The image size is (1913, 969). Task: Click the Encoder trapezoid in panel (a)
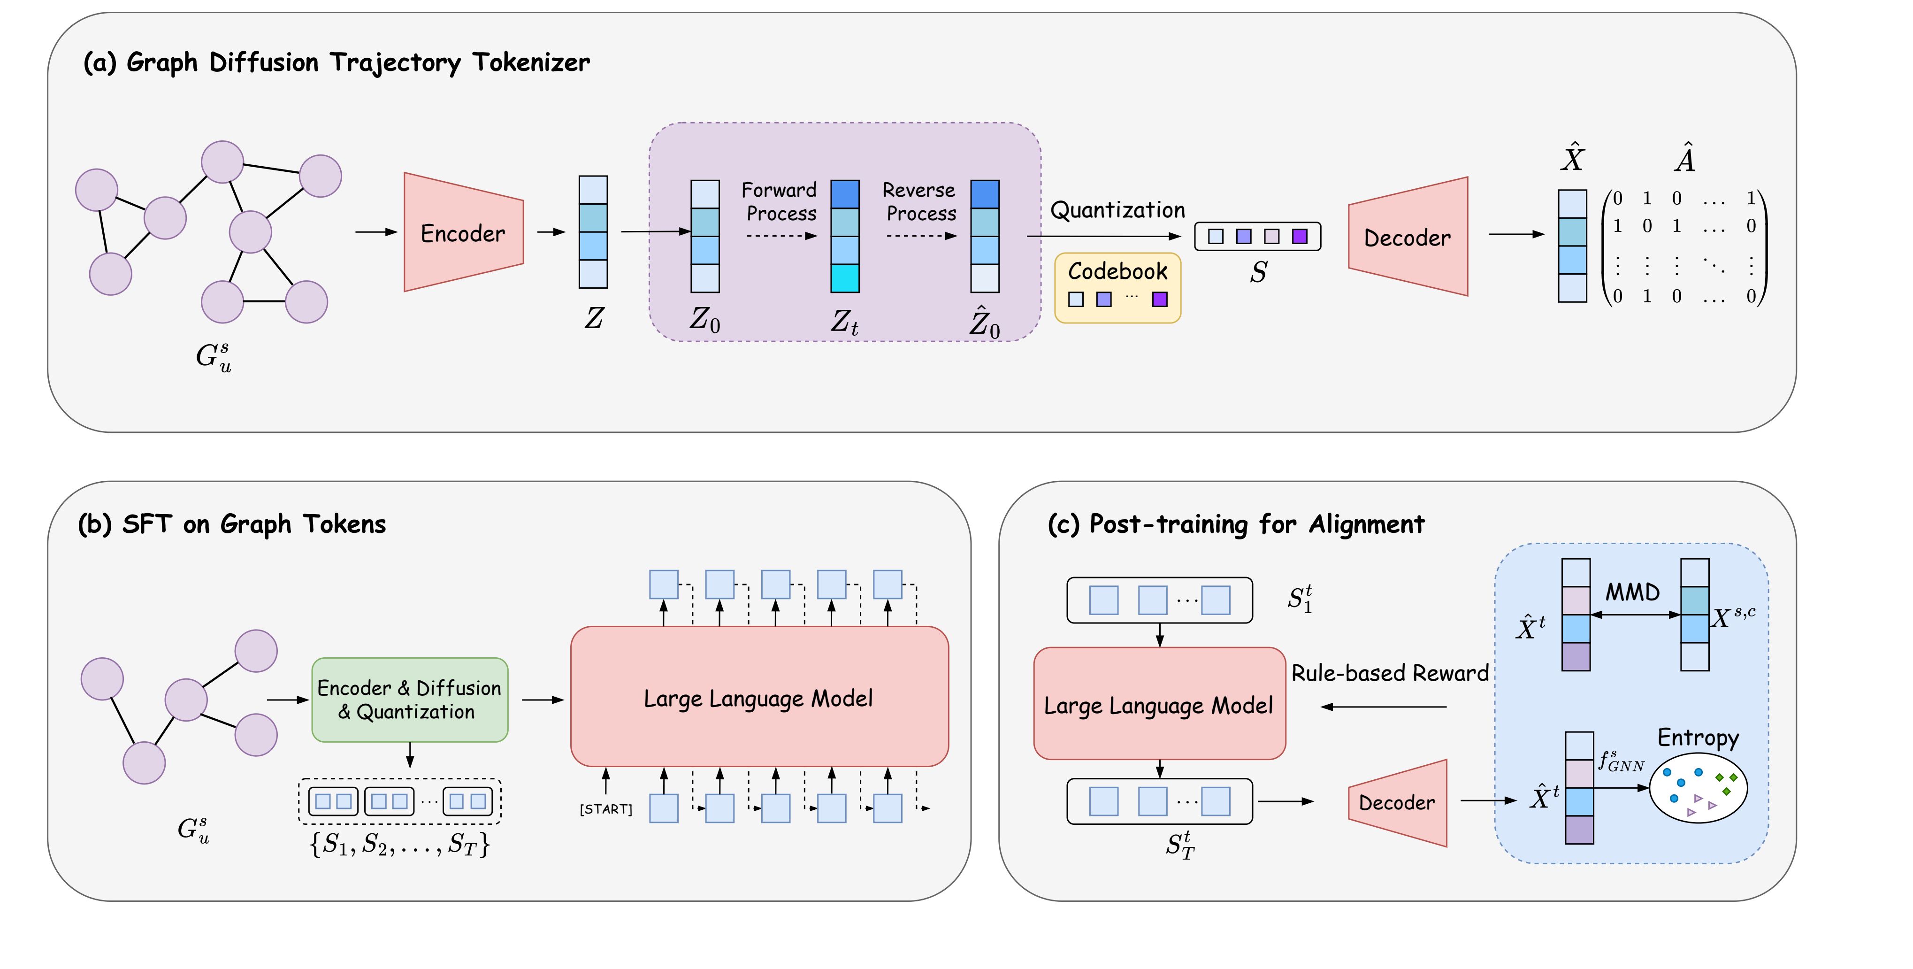point(463,232)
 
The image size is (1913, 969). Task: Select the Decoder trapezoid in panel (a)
point(1407,237)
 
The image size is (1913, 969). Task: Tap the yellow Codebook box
point(1117,288)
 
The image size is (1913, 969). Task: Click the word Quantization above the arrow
point(1117,210)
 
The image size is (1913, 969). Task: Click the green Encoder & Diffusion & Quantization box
point(409,699)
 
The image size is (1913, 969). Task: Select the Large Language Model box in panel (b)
point(758,697)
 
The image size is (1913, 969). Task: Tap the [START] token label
point(606,808)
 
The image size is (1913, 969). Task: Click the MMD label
point(1632,592)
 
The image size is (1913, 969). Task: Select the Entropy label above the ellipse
point(1698,737)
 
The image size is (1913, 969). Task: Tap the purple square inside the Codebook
point(1159,300)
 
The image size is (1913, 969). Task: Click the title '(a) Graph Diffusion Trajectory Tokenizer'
point(337,62)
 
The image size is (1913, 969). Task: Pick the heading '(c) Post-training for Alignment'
point(1236,524)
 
